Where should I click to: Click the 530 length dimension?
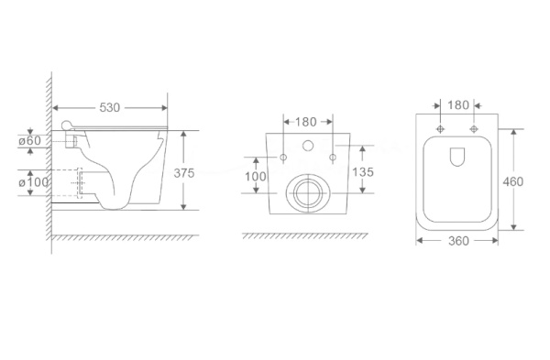click(x=109, y=107)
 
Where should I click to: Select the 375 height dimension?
click(x=184, y=173)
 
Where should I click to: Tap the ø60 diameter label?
click(x=30, y=141)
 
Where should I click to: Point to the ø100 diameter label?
click(x=34, y=182)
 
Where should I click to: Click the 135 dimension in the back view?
click(x=363, y=172)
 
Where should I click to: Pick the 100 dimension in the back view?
click(x=256, y=176)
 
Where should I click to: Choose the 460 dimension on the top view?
click(x=512, y=181)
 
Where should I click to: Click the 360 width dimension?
click(x=458, y=241)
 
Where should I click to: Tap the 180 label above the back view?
click(x=306, y=122)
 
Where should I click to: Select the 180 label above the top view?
click(x=458, y=104)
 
